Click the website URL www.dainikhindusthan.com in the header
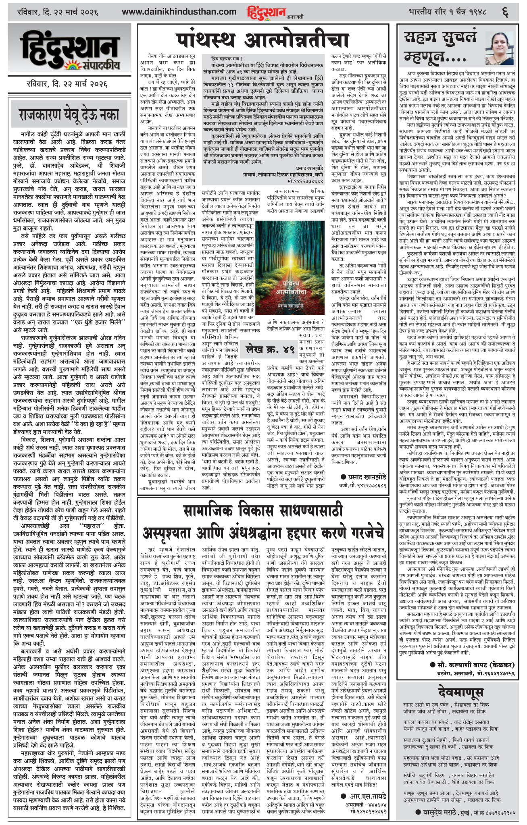click(179, 12)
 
